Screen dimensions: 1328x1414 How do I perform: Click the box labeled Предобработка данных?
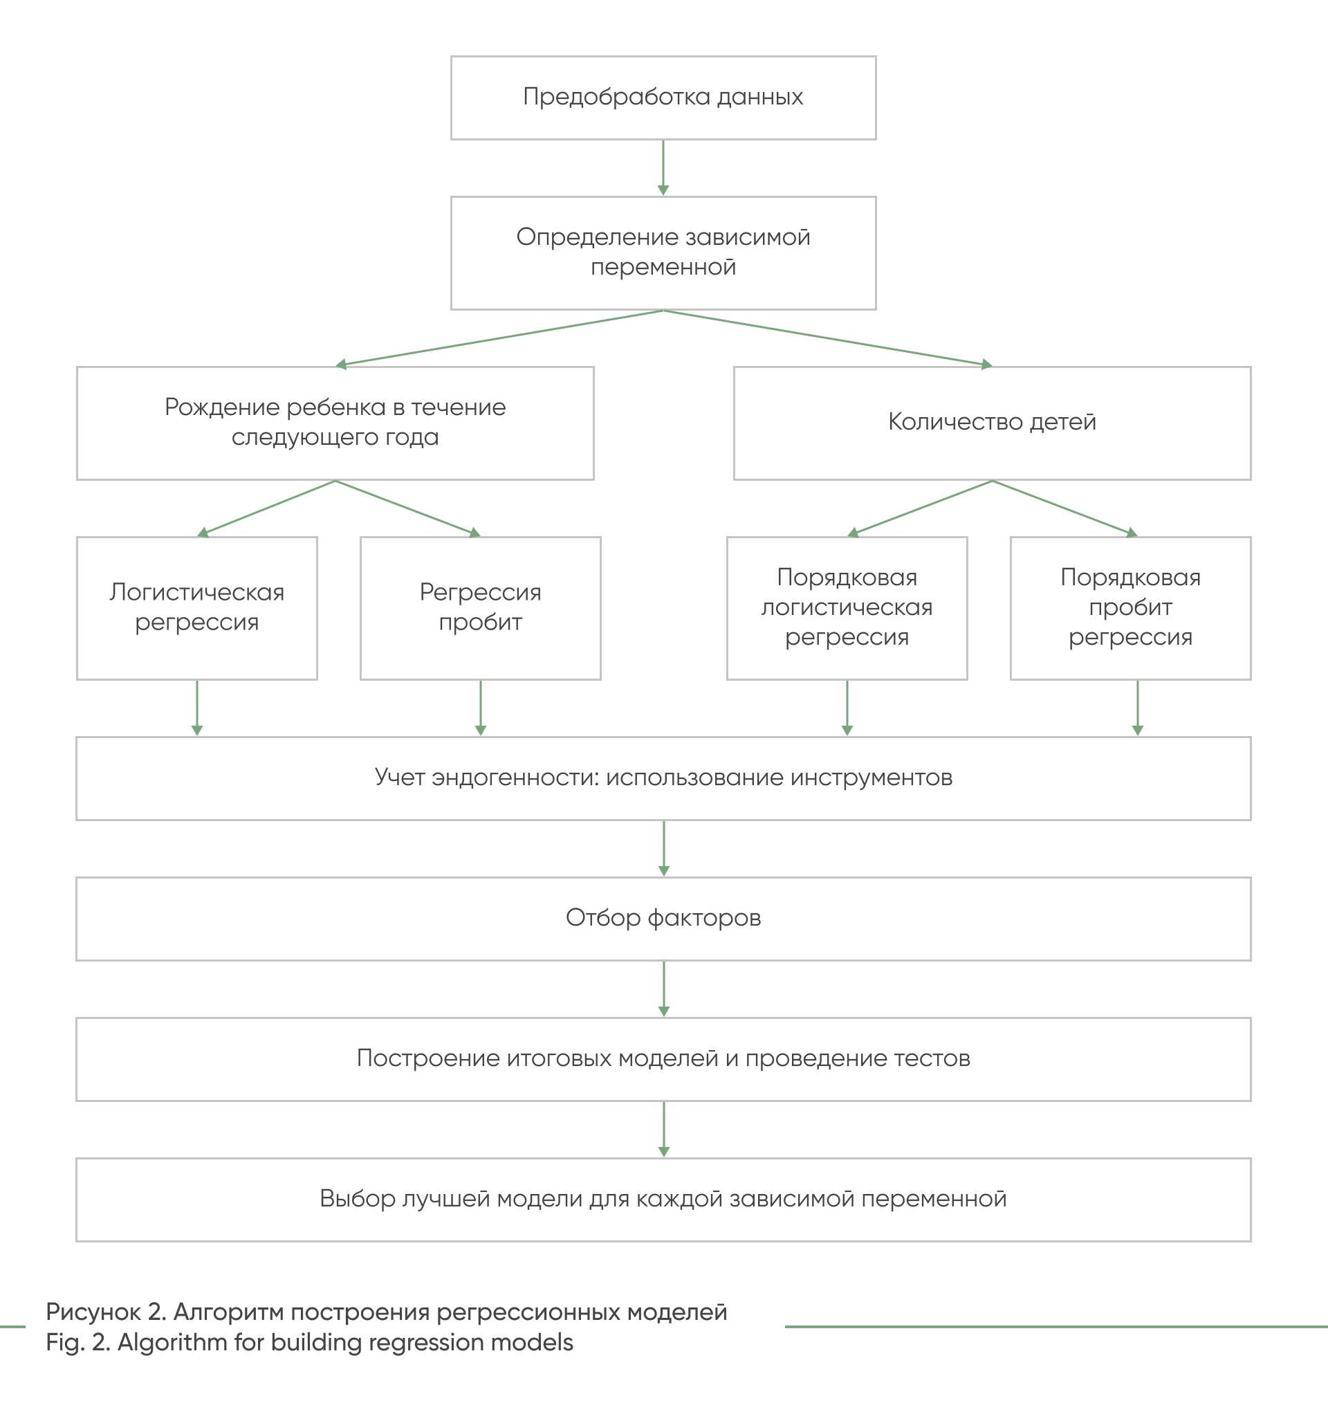coord(663,98)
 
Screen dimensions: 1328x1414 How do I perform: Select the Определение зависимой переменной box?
coord(663,253)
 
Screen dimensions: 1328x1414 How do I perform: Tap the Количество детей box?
coord(993,423)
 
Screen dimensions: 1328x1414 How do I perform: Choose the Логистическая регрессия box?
coord(197,608)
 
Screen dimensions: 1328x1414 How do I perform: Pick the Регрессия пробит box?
coord(481,608)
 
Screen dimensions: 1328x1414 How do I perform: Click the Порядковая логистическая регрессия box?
coord(847,608)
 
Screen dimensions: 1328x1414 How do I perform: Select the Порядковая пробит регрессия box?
coord(1131,608)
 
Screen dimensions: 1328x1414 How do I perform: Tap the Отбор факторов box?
coord(663,919)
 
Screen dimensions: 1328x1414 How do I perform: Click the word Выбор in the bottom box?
coord(358,1198)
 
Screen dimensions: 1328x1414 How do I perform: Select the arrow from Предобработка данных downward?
coord(663,168)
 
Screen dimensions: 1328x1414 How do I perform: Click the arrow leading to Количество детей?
coord(828,338)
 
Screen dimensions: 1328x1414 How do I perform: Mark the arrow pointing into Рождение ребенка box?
coord(499,338)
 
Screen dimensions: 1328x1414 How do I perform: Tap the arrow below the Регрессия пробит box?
coord(481,708)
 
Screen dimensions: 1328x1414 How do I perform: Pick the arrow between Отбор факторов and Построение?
coord(663,989)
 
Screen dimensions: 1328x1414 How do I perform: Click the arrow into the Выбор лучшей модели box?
coord(663,1130)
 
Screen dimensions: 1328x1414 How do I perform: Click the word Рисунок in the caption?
coord(93,1312)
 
